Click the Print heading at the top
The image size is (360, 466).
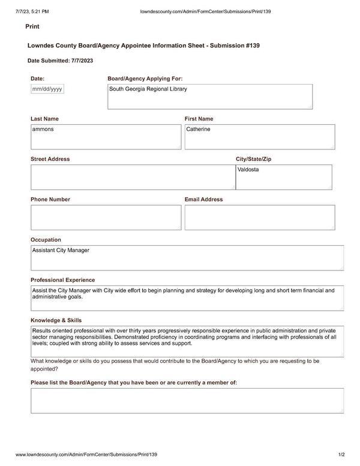[32, 27]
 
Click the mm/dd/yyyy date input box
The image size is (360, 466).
[47, 89]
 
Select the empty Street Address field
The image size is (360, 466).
[132, 177]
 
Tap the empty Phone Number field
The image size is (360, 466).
[106, 217]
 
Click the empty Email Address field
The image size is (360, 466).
[259, 217]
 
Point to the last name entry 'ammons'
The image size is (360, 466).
[43, 130]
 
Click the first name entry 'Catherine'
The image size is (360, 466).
[199, 130]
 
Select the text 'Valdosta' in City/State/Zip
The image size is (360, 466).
[248, 170]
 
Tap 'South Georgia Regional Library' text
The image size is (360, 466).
[148, 89]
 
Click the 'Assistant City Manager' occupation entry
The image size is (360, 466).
[61, 251]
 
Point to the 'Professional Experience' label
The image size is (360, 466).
[63, 280]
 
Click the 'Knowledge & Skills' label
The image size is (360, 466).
[56, 320]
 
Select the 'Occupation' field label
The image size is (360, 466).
[46, 240]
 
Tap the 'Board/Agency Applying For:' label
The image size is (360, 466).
[145, 79]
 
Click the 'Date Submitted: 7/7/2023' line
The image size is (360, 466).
[61, 61]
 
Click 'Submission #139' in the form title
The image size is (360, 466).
[232, 46]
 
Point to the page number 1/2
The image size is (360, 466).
[341, 455]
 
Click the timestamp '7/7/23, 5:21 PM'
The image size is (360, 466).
[28, 11]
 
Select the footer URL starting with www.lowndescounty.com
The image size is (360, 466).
[86, 455]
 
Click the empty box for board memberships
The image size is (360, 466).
[187, 400]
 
